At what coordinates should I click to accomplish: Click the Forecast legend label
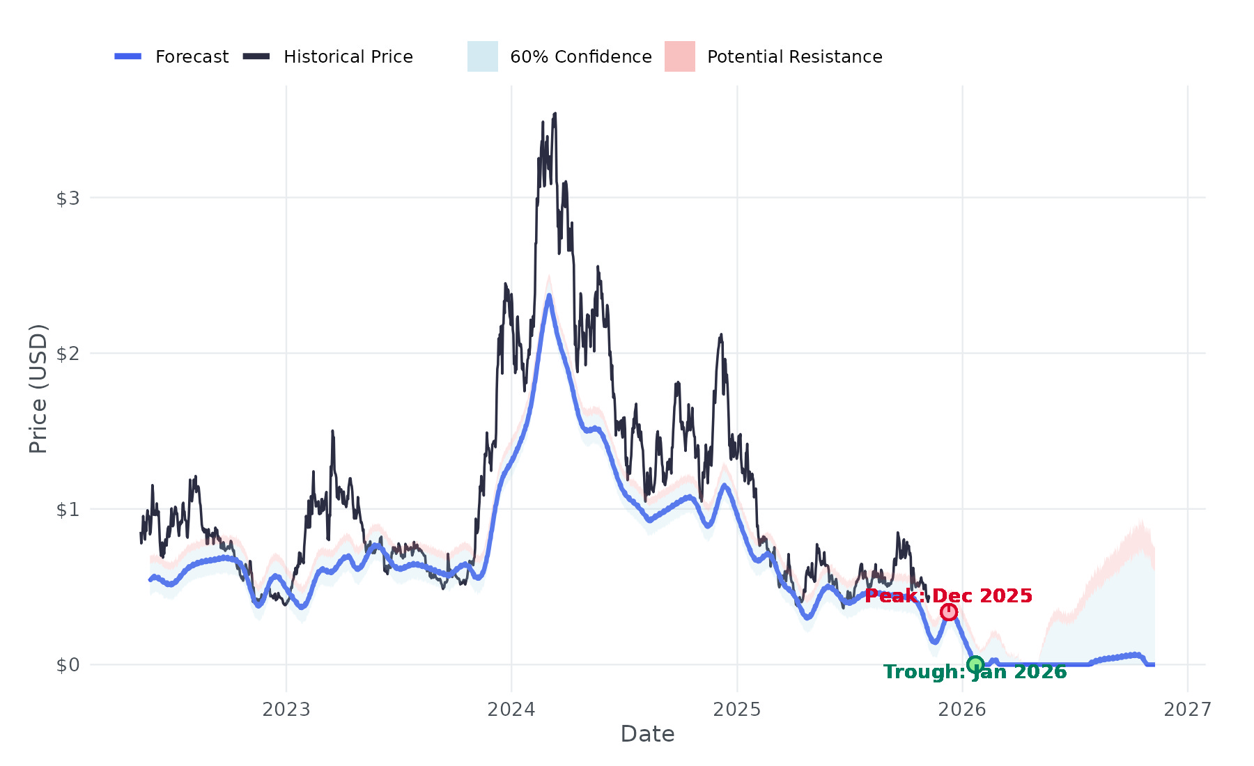coord(192,57)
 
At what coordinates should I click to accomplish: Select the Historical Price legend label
coord(348,57)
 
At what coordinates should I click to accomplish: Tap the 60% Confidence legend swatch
coord(482,56)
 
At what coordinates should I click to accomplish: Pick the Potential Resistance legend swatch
coord(679,56)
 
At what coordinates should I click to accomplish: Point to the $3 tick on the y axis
coord(68,198)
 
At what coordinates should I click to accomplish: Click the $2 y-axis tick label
coord(68,354)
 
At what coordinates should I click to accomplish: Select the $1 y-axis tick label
coord(68,510)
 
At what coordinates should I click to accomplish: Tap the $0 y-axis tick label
coord(68,665)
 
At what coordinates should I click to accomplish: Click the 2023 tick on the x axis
coord(286,710)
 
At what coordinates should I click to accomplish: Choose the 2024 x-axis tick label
coord(511,710)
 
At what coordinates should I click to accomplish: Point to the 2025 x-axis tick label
coord(737,710)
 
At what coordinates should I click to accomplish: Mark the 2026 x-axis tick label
coord(962,710)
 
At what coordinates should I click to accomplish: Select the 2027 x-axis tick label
coord(1188,710)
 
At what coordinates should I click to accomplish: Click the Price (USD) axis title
coord(38,389)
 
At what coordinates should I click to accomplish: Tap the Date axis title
coord(647,734)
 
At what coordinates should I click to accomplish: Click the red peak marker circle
coord(949,612)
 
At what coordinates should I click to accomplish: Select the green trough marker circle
coord(975,664)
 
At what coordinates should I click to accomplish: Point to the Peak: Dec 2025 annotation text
coord(948,596)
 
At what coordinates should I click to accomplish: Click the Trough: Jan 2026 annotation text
coord(975,672)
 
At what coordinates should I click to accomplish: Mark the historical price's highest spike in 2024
coord(555,114)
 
